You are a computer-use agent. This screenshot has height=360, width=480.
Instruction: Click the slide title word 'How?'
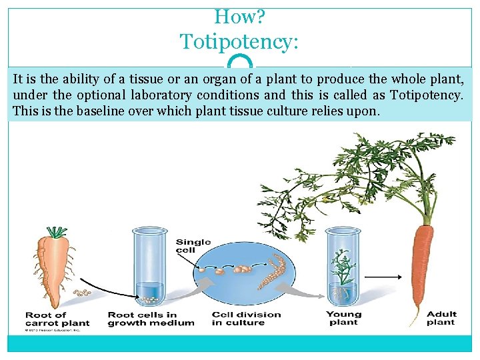coord(240,17)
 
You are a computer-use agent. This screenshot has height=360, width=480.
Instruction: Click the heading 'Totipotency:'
coord(240,43)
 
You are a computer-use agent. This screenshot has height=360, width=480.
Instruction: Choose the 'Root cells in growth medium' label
coord(151,319)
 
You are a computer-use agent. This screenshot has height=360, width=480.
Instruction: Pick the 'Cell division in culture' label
coord(246,319)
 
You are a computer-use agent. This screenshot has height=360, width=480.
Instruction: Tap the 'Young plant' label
coord(343,319)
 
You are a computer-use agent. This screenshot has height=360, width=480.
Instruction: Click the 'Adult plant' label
coord(441,319)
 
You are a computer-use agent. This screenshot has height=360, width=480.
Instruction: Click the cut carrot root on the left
coord(55,267)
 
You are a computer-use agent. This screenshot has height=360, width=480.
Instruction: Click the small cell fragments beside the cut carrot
coord(83,293)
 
